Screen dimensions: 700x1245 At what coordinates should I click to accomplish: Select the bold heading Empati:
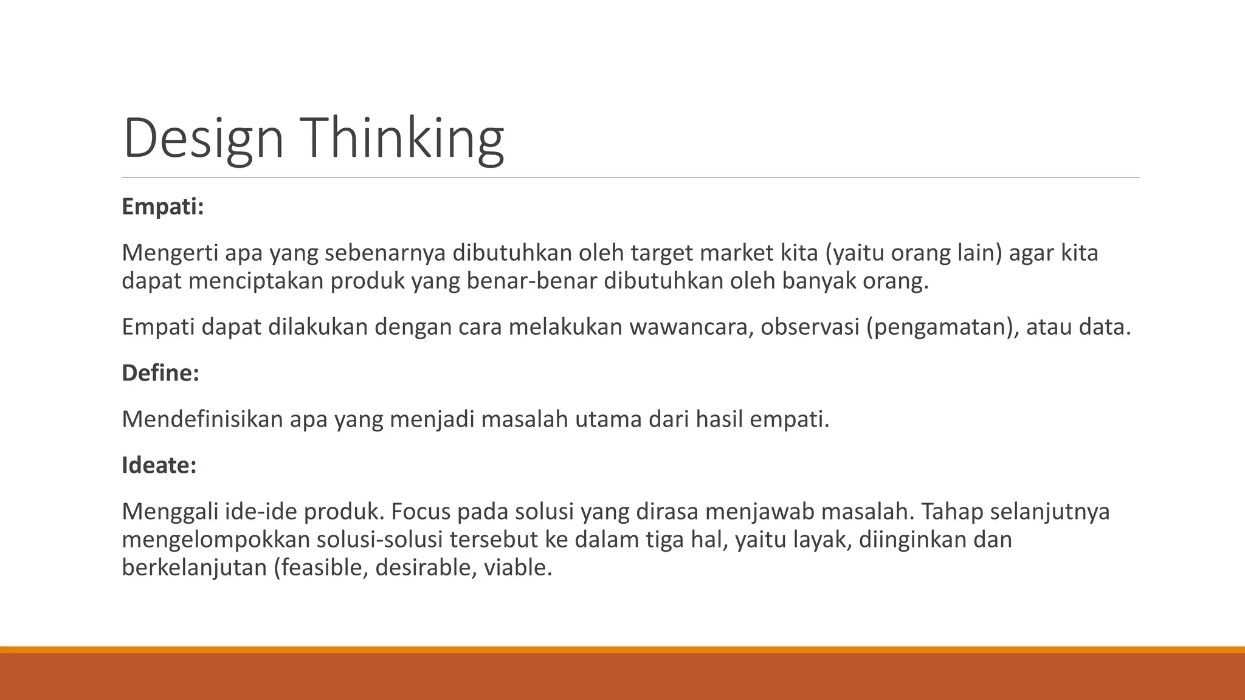[162, 207]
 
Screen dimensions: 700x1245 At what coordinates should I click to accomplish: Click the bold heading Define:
[160, 372]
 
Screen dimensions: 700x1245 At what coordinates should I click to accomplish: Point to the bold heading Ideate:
[159, 465]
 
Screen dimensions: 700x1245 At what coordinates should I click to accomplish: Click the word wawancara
[691, 327]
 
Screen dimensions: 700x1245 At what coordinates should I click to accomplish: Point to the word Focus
[420, 512]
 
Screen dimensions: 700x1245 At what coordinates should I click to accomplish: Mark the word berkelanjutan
[195, 568]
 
